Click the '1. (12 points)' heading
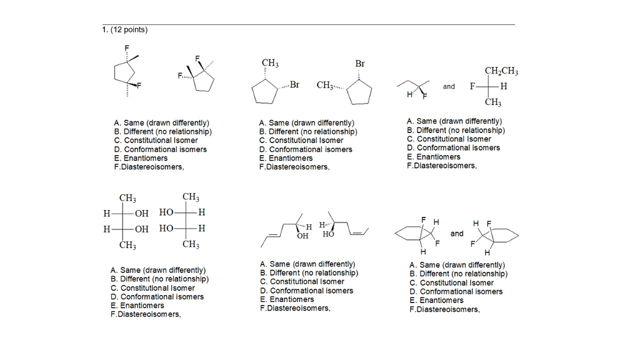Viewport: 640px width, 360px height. [x=125, y=30]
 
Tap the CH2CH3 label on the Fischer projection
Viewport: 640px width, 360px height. [x=501, y=71]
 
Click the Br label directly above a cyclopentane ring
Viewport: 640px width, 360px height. [x=359, y=64]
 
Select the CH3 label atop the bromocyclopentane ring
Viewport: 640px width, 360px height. [x=270, y=63]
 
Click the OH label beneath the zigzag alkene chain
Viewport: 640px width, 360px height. [x=302, y=236]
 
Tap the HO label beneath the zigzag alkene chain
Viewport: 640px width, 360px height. [x=328, y=234]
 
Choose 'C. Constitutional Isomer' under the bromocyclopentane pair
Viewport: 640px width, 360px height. [x=301, y=141]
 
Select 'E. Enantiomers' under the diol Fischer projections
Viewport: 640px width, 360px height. [x=137, y=305]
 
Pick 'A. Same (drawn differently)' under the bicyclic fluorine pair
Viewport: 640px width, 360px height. [x=457, y=265]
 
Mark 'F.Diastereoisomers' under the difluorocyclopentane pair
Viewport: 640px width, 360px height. [x=149, y=167]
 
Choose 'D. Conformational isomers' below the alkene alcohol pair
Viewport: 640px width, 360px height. [x=306, y=291]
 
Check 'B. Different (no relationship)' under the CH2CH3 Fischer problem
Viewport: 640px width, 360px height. [x=456, y=130]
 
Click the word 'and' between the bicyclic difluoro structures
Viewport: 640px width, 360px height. [x=457, y=234]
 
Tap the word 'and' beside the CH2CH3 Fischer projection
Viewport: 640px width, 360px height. [x=449, y=86]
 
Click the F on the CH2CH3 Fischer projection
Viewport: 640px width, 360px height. [x=472, y=86]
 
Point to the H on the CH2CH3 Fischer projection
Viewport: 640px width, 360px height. [x=504, y=86]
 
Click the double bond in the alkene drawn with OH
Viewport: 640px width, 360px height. [x=274, y=235]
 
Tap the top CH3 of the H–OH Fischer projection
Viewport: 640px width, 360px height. [x=127, y=198]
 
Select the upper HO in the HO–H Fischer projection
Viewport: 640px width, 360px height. [x=166, y=212]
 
